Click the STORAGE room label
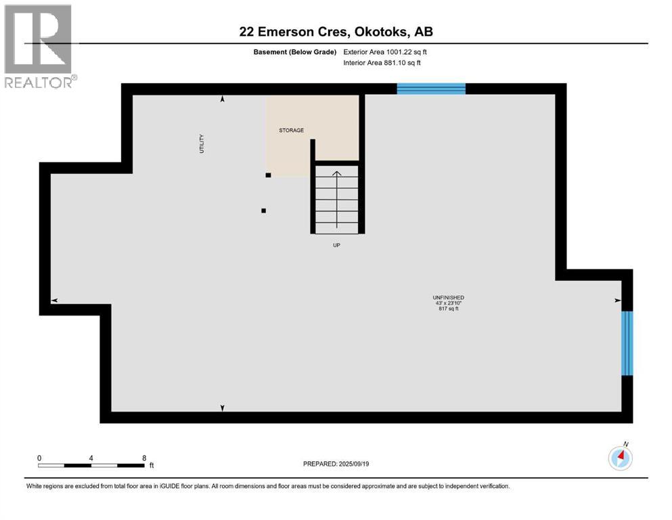pyautogui.click(x=292, y=130)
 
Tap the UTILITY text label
pyautogui.click(x=202, y=144)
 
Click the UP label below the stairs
pyautogui.click(x=336, y=245)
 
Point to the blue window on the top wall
pyautogui.click(x=431, y=88)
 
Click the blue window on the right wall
pyautogui.click(x=627, y=343)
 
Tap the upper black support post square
pyautogui.click(x=269, y=175)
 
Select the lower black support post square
pyautogui.click(x=263, y=211)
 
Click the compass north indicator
pyautogui.click(x=620, y=458)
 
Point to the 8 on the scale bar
pyautogui.click(x=144, y=458)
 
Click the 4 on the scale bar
pyautogui.click(x=91, y=458)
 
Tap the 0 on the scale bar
pyautogui.click(x=40, y=458)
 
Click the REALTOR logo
pyautogui.click(x=39, y=47)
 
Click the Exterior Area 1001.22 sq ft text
pyautogui.click(x=385, y=51)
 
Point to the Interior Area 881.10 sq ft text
pyautogui.click(x=382, y=63)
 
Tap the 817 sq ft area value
pyautogui.click(x=448, y=309)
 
